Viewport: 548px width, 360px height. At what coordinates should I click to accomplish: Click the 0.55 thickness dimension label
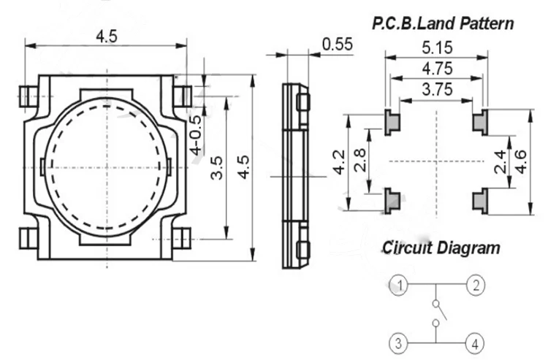pos(338,45)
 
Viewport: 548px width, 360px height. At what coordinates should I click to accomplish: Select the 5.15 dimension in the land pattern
pos(437,47)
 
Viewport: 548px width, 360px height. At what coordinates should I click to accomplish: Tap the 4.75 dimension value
pos(437,69)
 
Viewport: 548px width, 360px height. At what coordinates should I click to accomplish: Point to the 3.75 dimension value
pos(437,89)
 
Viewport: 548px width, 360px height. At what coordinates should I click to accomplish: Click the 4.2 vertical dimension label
pos(340,161)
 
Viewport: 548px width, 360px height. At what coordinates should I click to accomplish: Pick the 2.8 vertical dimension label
pos(360,160)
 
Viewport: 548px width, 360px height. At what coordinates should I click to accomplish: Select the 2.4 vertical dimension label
pos(501,161)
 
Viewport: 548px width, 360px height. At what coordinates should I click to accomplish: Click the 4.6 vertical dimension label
pos(521,161)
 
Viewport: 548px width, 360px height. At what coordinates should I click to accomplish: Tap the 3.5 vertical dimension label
pos(217,168)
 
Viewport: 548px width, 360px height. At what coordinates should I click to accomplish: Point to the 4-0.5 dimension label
pos(197,135)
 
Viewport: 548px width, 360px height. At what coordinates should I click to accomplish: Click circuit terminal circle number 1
pos(398,285)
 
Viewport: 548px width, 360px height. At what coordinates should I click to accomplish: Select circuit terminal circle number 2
pos(476,285)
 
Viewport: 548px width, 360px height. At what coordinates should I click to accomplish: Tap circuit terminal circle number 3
pos(398,344)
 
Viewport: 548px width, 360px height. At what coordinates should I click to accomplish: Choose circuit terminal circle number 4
pos(475,344)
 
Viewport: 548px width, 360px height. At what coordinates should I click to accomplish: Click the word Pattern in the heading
pos(487,23)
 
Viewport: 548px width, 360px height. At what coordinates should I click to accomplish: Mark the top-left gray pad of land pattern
pos(392,122)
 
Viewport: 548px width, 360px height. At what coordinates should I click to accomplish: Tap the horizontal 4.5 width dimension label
pos(107,37)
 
